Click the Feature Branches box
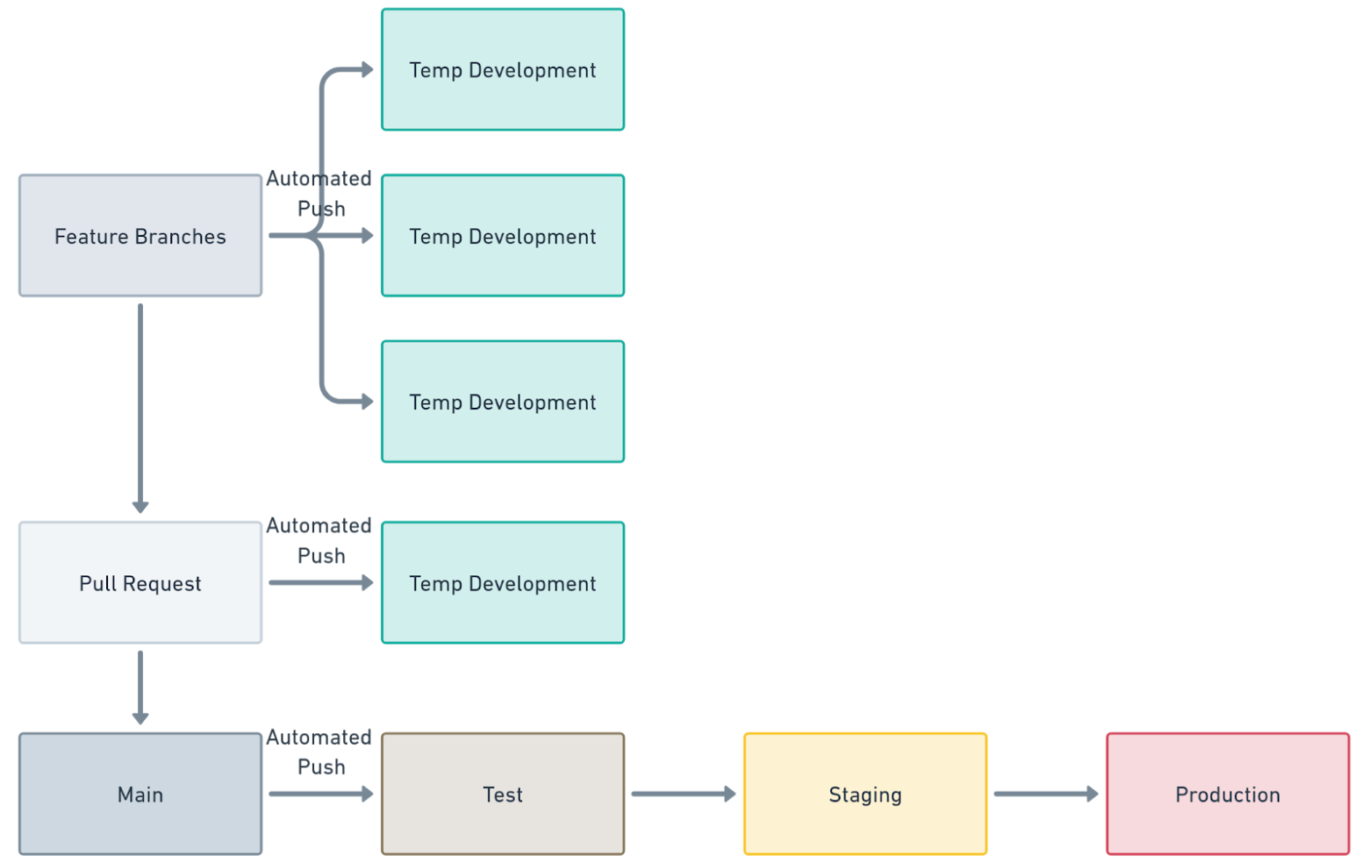tap(140, 235)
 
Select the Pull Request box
tap(140, 582)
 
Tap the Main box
tap(140, 794)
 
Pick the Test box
tap(502, 794)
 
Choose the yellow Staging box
tap(864, 794)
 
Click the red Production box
tap(1227, 794)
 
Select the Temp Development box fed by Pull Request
tap(502, 582)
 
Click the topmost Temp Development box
tap(502, 69)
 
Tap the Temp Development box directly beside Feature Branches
tap(502, 235)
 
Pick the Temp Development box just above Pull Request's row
tap(502, 401)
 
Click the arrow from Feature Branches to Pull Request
tap(140, 408)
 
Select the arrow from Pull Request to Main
tap(140, 687)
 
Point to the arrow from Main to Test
tap(320, 794)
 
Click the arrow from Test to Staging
tap(683, 794)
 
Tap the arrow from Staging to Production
tap(1045, 794)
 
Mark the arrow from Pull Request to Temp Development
tap(320, 582)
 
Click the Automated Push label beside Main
tap(319, 752)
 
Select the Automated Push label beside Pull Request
tap(319, 540)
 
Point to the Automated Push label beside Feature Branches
tap(319, 193)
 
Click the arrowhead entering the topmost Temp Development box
tap(368, 69)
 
